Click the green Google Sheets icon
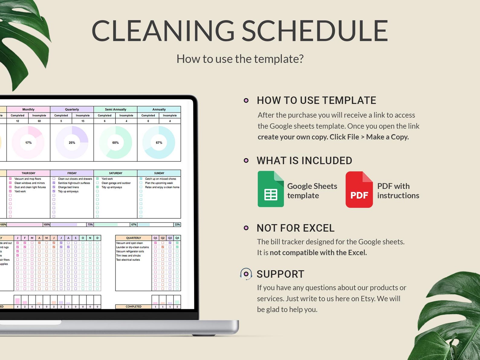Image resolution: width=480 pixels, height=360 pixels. [271, 189]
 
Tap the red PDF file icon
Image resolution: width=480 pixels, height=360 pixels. [359, 190]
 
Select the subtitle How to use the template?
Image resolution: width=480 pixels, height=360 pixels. [240, 59]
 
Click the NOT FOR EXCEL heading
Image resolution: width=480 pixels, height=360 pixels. [295, 228]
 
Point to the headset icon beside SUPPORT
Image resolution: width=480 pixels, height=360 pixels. [246, 274]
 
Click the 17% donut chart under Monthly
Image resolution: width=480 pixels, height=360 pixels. [28, 142]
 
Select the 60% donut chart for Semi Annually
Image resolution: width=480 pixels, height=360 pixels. [115, 142]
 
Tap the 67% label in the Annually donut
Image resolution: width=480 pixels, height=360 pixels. [159, 143]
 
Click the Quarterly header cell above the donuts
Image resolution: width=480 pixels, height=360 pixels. [72, 109]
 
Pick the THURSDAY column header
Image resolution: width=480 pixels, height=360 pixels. [28, 173]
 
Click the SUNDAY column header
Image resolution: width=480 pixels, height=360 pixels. [159, 173]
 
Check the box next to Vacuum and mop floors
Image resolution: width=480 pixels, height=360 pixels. [10, 179]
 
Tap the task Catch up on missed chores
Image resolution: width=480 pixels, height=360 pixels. [160, 179]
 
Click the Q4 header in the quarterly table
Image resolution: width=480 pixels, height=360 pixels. [177, 238]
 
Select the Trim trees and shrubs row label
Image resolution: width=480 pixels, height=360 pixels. [128, 255]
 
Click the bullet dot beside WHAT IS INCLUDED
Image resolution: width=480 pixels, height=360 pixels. [246, 161]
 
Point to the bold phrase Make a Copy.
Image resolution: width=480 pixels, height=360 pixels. [387, 137]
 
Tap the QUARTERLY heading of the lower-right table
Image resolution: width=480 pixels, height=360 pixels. [133, 238]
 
